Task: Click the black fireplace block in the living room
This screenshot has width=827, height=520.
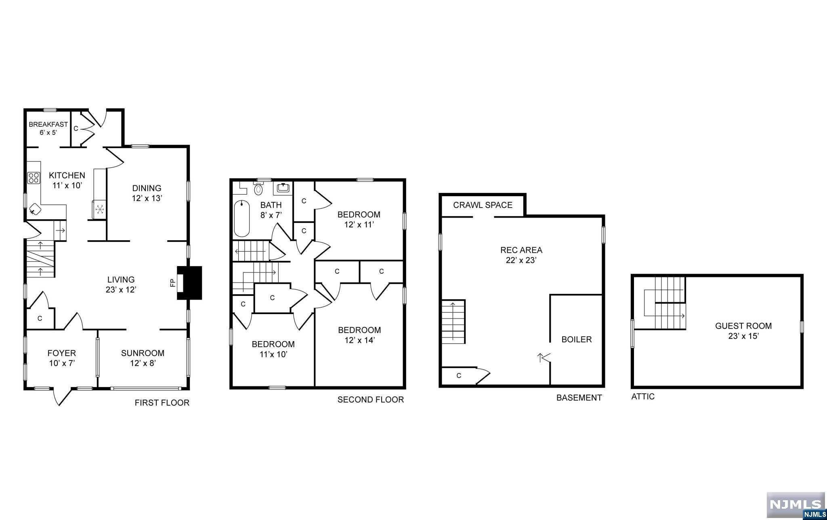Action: pyautogui.click(x=190, y=283)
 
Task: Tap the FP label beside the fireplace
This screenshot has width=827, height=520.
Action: pyautogui.click(x=172, y=283)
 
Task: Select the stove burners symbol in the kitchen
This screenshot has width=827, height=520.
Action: pyautogui.click(x=34, y=178)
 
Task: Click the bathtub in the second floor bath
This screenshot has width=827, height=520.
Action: pyautogui.click(x=242, y=218)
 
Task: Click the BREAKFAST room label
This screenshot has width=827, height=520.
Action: pyautogui.click(x=48, y=124)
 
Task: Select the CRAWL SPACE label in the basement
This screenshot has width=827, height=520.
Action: pyautogui.click(x=483, y=205)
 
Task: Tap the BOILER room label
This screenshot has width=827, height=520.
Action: pyautogui.click(x=577, y=340)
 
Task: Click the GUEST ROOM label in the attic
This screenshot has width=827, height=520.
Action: pyautogui.click(x=743, y=326)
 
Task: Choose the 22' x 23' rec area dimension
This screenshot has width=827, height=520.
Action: pyautogui.click(x=521, y=260)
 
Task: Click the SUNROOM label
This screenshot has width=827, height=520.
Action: pyautogui.click(x=143, y=353)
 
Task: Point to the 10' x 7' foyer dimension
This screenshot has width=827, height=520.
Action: pyautogui.click(x=62, y=363)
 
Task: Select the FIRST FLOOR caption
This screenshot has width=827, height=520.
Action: pyautogui.click(x=162, y=403)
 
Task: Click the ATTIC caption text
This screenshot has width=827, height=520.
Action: pyautogui.click(x=643, y=396)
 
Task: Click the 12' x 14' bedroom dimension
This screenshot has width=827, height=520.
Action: pyautogui.click(x=359, y=340)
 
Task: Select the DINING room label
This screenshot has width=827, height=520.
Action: pyautogui.click(x=147, y=188)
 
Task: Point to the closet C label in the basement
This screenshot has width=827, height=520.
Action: pyautogui.click(x=459, y=376)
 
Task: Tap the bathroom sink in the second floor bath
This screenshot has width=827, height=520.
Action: pyautogui.click(x=283, y=188)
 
